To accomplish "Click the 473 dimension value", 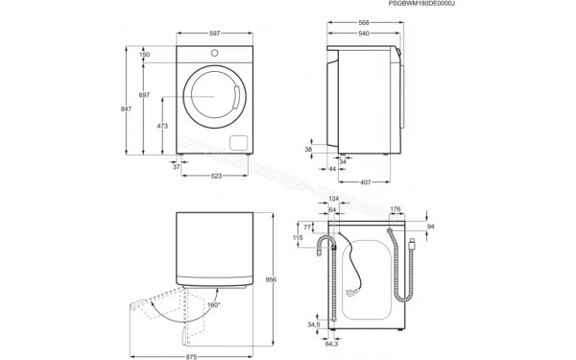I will pyautogui.click(x=163, y=125).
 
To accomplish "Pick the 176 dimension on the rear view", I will pyautogui.click(x=395, y=208).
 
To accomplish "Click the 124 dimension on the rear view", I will pyautogui.click(x=332, y=199).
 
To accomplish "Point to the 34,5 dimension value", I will pyautogui.click(x=314, y=325).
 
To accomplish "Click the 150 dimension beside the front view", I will pyautogui.click(x=144, y=55).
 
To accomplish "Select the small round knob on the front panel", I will pyautogui.click(x=213, y=51).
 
